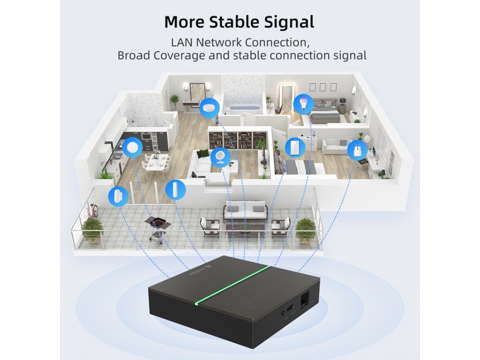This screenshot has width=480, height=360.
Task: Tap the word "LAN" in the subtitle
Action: pos(182,42)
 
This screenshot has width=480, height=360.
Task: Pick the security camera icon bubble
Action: pos(220,157)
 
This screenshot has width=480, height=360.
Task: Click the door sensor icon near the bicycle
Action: pos(118,196)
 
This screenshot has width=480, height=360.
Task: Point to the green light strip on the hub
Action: pos(232,285)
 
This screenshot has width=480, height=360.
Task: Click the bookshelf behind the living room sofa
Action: pos(237,139)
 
